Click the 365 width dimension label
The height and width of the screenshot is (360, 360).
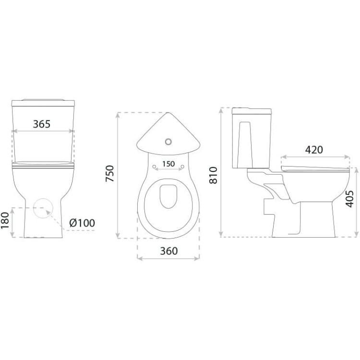pos(42,124)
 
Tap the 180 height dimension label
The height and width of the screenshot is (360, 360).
pos(5,221)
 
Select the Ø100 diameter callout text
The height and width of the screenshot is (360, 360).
pos(82,223)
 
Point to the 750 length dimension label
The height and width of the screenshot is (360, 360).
pos(110,174)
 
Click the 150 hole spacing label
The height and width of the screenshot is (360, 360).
pos(168,164)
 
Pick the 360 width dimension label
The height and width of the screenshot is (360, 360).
pos(169,251)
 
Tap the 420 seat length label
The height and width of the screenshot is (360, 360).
pos(314,150)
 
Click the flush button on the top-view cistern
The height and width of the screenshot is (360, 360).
pos(168,142)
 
